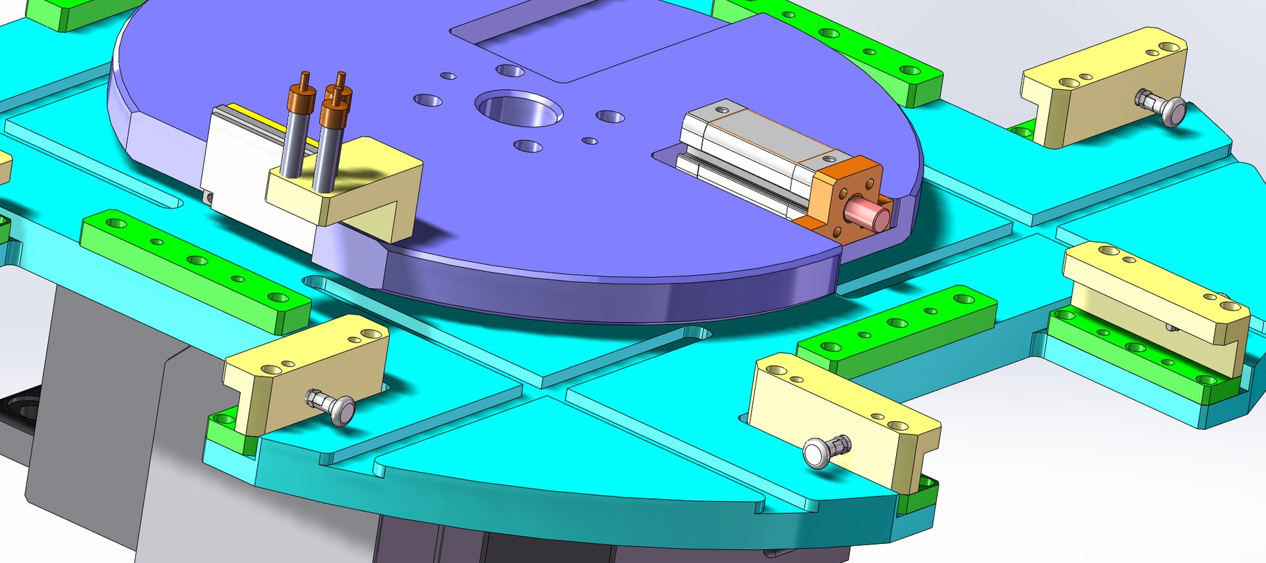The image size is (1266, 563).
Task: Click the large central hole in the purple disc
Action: (519, 109)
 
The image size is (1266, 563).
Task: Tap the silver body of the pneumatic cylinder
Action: (752, 148)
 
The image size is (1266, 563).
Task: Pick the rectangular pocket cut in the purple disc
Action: (580, 40)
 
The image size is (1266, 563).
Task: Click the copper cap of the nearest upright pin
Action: (334, 113)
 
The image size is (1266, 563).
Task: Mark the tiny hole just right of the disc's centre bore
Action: (590, 140)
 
